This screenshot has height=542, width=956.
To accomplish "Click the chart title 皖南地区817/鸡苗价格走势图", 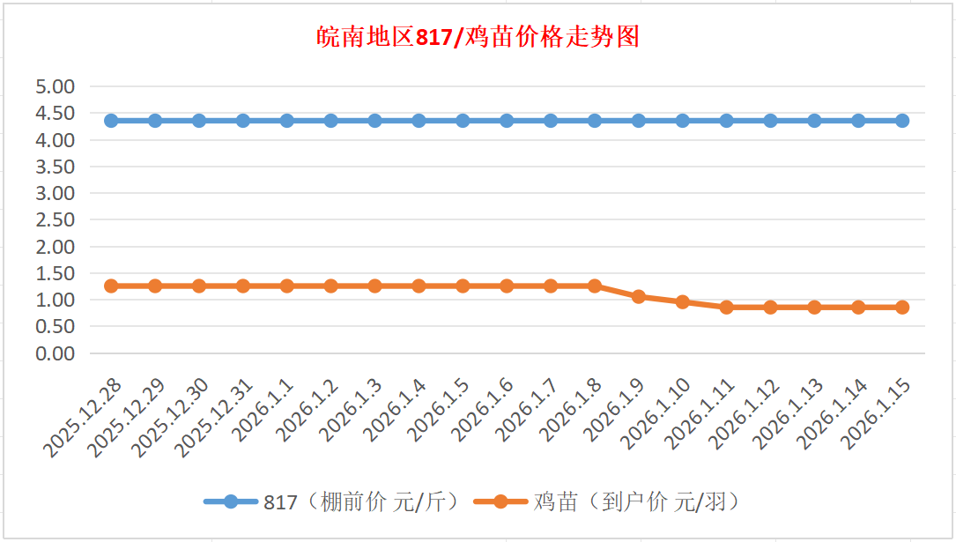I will click(478, 38).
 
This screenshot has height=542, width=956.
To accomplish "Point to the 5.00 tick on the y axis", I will click(55, 86).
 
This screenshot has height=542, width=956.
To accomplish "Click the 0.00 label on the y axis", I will click(55, 353).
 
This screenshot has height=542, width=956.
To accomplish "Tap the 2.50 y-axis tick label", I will click(55, 219).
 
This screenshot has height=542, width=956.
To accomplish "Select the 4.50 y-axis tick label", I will click(55, 113).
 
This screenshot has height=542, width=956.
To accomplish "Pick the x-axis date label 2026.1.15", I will click(878, 415).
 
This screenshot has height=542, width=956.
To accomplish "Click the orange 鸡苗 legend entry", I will click(608, 502).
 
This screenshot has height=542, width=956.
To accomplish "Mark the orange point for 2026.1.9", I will click(639, 296).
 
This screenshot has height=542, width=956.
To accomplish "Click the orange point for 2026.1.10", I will click(683, 301).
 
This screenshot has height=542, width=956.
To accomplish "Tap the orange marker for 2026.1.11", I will click(727, 308).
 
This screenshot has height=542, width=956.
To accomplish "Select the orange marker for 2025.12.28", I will click(111, 286).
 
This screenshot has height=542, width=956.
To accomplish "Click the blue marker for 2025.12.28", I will click(111, 121).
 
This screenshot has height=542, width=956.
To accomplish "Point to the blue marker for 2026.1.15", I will click(902, 121).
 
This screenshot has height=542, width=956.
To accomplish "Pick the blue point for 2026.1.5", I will click(463, 121).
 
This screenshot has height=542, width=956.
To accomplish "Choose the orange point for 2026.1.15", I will click(902, 308).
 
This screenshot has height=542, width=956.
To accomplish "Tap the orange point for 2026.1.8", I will click(595, 286).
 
